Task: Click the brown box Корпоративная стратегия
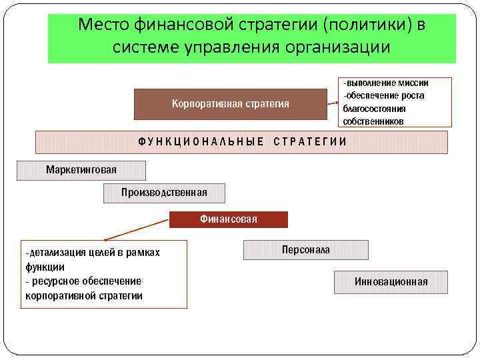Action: (x=231, y=104)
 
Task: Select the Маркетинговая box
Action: (x=81, y=170)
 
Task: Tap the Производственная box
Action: (x=164, y=193)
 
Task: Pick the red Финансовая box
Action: (x=229, y=219)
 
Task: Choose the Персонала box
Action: (x=305, y=249)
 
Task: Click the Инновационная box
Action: (x=391, y=282)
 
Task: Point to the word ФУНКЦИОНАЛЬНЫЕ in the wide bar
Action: (x=201, y=141)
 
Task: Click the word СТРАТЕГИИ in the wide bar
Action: (x=310, y=141)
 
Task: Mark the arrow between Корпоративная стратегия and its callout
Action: (x=333, y=104)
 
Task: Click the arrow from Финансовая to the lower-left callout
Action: (x=137, y=229)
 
